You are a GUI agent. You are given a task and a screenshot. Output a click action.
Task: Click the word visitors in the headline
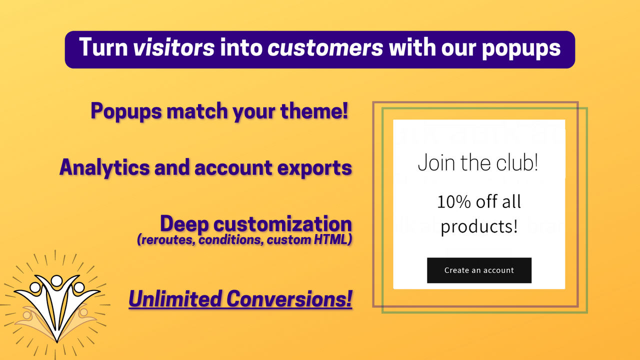point(174,48)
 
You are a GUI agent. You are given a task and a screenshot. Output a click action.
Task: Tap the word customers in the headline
point(325,48)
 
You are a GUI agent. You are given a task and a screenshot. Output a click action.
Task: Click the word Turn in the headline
point(103,48)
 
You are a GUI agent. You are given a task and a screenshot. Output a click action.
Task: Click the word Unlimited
point(175,299)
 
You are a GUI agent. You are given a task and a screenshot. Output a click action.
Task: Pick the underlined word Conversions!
point(289,299)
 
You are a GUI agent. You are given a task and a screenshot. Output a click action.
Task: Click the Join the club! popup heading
point(478,163)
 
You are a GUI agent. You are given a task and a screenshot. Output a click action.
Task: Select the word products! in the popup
point(479,226)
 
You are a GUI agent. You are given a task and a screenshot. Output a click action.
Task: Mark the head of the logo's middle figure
point(56,280)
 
